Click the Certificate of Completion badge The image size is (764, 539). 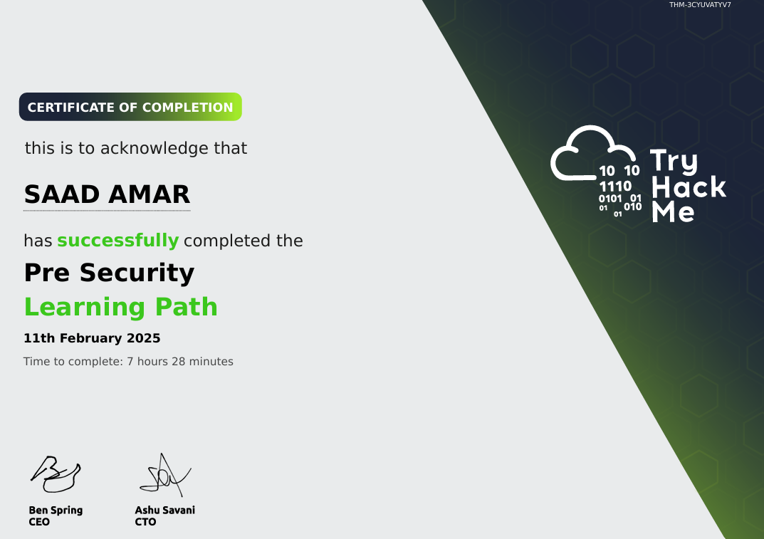tap(130, 108)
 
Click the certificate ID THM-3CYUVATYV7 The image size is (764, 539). tap(699, 5)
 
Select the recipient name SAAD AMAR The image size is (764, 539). tap(107, 194)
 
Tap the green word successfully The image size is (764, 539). tap(117, 241)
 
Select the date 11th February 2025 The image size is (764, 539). tap(92, 338)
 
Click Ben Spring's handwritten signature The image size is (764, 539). tap(55, 474)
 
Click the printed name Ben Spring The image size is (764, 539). tap(56, 510)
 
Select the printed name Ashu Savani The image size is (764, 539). tap(164, 510)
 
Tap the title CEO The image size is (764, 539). tap(39, 522)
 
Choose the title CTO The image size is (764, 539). tap(145, 522)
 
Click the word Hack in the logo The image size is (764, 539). tap(689, 187)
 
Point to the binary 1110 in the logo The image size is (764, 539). tap(615, 187)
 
